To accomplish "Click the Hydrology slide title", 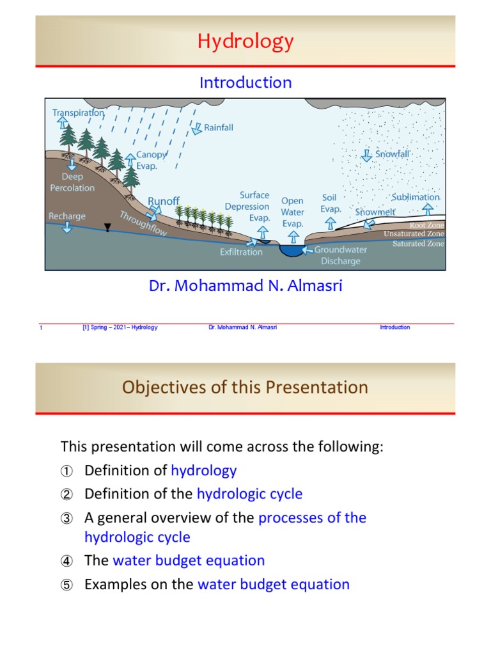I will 245,42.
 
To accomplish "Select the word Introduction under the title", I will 245,83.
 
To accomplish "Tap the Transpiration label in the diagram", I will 78,113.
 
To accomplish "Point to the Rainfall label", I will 218,127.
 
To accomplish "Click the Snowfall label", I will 392,154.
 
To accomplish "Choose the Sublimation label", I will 416,197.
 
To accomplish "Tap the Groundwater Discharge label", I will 341,255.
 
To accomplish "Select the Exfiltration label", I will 241,252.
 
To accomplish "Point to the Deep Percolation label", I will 73,182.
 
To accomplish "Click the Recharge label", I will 67,216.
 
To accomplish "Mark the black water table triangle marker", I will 107,228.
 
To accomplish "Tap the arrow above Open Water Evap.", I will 293,237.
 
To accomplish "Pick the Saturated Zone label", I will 417,244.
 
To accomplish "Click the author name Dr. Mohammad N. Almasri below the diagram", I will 245,286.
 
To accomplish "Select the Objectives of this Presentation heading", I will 245,388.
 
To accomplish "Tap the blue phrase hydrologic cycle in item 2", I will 249,494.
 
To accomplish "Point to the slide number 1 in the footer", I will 41,327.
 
